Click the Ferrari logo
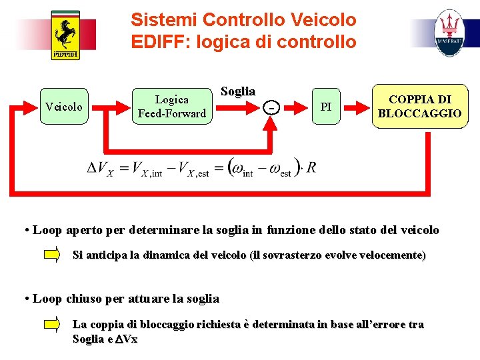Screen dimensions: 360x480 point(65,35)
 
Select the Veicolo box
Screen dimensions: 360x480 point(63,107)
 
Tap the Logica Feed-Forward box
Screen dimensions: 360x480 point(171,107)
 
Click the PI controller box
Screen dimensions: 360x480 point(325,107)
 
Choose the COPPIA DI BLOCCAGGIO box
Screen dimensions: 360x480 point(419,107)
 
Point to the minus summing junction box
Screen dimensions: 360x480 point(270,107)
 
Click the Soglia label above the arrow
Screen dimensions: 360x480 point(237,91)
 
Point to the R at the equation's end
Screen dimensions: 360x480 point(311,167)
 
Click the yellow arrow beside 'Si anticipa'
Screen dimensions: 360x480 point(51,255)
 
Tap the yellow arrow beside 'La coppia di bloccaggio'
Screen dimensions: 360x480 point(51,325)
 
